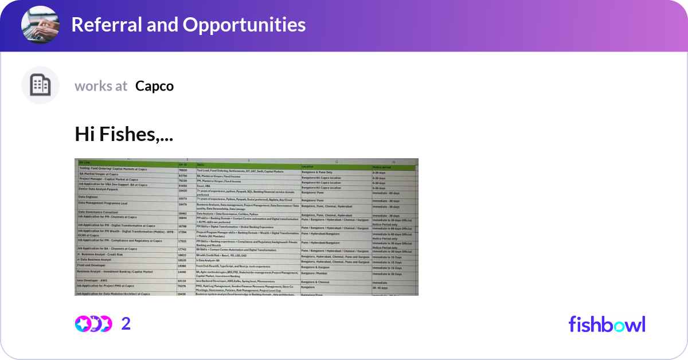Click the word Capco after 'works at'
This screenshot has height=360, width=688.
154,86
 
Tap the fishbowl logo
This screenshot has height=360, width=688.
607,324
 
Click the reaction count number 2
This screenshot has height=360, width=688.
126,323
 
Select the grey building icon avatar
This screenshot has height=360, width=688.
40,85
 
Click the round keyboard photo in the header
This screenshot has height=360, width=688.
40,25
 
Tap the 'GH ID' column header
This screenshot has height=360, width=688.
182,165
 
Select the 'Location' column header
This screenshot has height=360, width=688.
308,167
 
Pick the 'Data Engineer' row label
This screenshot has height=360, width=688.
89,197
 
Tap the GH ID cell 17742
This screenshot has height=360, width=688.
183,249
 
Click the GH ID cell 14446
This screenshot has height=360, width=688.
183,272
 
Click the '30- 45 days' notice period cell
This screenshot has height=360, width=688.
382,287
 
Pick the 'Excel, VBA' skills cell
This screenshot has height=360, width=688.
205,186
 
